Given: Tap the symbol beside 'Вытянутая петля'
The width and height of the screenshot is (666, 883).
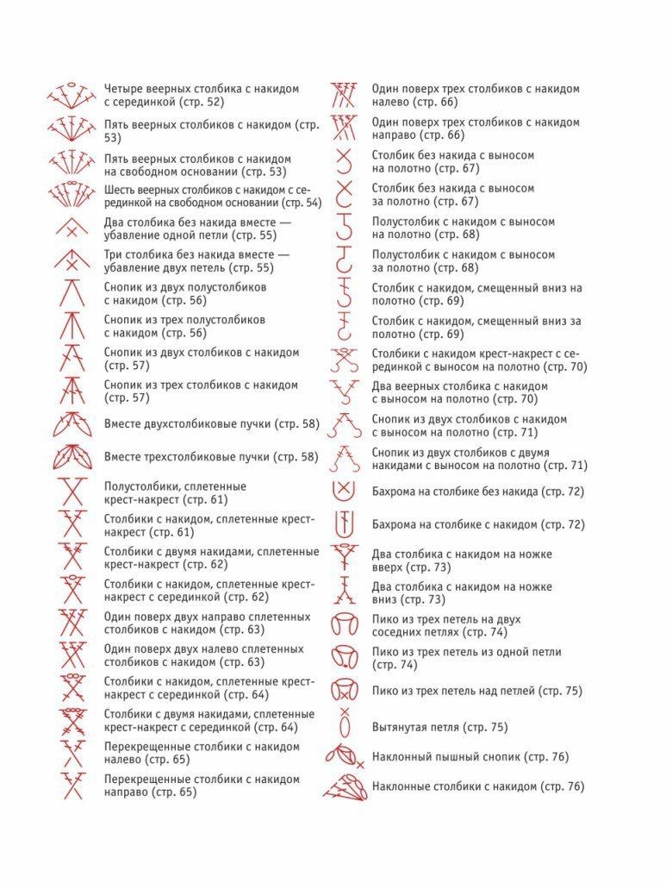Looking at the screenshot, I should (345, 723).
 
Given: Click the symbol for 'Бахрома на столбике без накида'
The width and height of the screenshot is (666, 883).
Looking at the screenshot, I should (344, 491).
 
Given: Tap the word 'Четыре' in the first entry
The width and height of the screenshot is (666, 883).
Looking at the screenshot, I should (124, 89).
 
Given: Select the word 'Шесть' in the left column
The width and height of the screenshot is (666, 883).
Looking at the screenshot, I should (121, 190).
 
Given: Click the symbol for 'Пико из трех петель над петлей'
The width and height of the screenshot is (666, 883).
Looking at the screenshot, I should (344, 690).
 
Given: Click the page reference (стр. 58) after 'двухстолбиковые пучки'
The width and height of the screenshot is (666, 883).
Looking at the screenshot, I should (297, 424).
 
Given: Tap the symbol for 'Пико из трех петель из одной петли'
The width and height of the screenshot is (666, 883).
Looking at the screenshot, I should (344, 657).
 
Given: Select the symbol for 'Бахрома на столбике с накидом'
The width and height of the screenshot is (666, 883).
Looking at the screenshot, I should (344, 523).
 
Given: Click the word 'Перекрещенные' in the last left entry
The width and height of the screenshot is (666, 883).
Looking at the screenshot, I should (146, 780).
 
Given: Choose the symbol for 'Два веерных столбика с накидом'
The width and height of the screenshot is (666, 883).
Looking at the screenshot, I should (344, 392).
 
